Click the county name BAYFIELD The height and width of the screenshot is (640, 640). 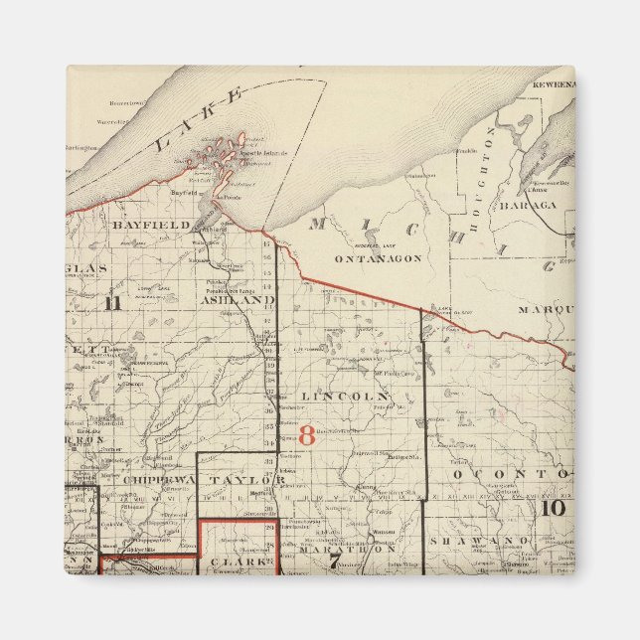click(x=150, y=226)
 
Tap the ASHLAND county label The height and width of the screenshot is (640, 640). click(x=237, y=299)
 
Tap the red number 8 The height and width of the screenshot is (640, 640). click(x=306, y=435)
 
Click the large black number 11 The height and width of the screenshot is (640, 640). click(x=112, y=303)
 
